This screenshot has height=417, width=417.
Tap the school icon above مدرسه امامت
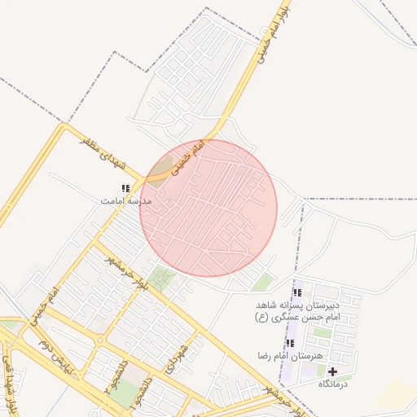(125, 188)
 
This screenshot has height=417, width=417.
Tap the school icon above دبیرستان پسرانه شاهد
(296, 292)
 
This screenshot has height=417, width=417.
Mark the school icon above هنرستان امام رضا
(290, 344)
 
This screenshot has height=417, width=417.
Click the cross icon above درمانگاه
(332, 371)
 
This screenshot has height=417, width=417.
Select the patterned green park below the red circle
(163, 279)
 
